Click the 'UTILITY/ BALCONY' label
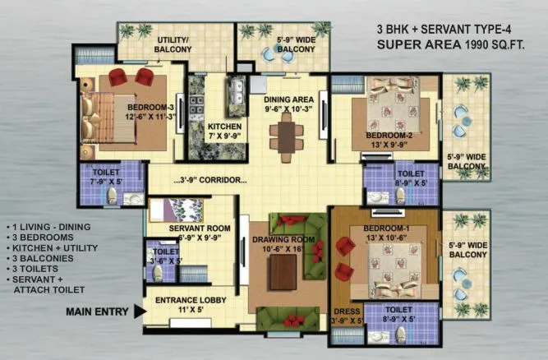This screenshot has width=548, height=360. [173, 44]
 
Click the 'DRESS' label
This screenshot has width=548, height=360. [345, 312]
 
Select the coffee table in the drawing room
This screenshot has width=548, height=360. [283, 270]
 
